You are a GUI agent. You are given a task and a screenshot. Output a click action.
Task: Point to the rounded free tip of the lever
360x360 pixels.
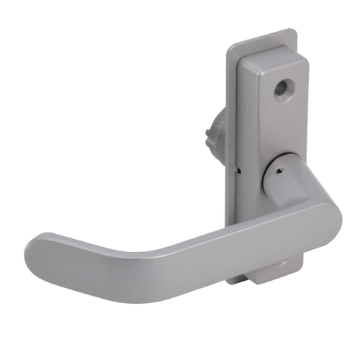click(x=45, y=248)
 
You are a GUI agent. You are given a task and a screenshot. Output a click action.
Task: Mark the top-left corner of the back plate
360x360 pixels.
click(x=228, y=45)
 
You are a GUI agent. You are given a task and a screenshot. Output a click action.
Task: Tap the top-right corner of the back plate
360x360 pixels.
click(x=294, y=31)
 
